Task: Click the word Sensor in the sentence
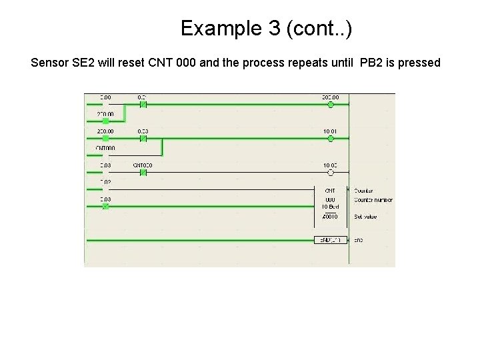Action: (50, 63)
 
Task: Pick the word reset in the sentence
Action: (135, 63)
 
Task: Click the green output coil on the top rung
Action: (331, 105)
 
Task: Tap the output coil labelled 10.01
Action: (331, 139)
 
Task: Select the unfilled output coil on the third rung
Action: (331, 173)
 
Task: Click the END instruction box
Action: (331, 239)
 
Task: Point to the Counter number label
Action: (374, 199)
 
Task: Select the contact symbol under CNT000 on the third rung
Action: (143, 173)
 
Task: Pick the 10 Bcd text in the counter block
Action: (331, 207)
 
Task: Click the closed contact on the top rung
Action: (143, 105)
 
